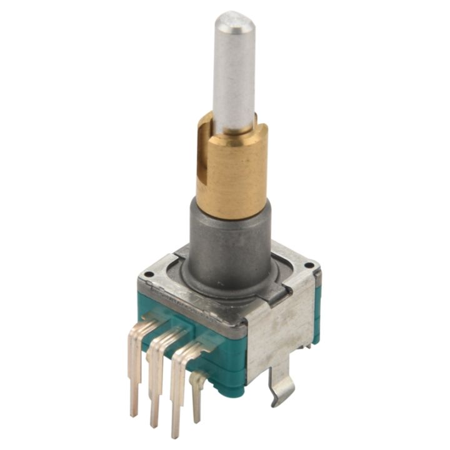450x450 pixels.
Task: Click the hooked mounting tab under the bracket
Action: click(x=281, y=387)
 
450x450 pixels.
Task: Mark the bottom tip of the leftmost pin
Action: click(x=133, y=412)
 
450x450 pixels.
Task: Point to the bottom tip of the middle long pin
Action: click(x=154, y=424)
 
